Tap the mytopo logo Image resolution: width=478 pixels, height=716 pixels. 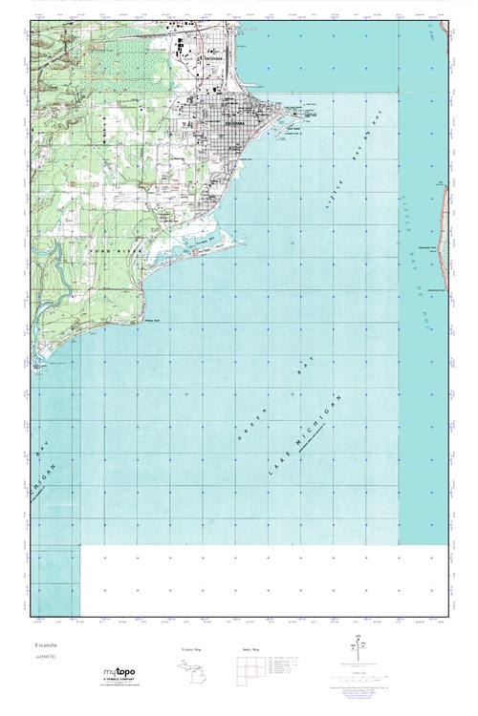[x=119, y=672]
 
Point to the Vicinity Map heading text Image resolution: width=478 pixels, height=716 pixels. [x=191, y=648]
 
